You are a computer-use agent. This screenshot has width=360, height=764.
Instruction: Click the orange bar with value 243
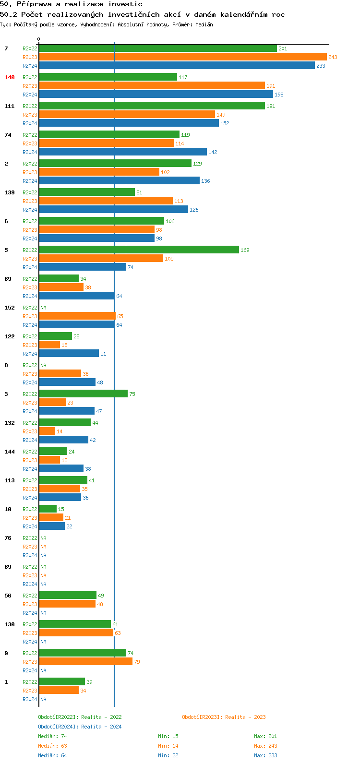tap(182, 57)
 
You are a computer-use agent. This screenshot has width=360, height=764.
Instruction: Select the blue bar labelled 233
tap(177, 66)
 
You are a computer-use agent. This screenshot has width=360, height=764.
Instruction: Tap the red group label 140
tap(10, 77)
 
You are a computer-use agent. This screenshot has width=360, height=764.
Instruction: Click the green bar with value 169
tap(139, 250)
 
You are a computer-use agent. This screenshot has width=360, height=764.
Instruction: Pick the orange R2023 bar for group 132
tap(47, 431)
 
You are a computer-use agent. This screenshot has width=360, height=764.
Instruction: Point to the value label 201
tap(283, 48)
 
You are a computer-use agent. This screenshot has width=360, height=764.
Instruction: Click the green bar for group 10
tap(48, 509)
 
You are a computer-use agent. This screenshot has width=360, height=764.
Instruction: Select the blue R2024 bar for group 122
tap(69, 354)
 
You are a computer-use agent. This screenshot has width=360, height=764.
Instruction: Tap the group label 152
tap(10, 308)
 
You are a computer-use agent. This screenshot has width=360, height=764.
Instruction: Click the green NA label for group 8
tap(43, 365)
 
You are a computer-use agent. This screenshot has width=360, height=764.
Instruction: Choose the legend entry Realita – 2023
tap(224, 717)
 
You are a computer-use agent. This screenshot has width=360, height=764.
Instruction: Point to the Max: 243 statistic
tap(265, 746)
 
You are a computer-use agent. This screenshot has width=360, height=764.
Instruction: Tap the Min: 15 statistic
tap(168, 736)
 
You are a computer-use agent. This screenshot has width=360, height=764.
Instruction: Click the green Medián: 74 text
tap(52, 736)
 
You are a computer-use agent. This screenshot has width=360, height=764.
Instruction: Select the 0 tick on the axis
tap(39, 39)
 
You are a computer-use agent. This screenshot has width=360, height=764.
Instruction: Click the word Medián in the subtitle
tap(204, 24)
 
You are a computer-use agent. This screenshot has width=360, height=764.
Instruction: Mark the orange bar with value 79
tap(85, 662)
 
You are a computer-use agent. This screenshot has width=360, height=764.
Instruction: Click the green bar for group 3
tap(83, 394)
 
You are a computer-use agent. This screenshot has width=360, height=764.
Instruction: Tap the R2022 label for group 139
tap(30, 192)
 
